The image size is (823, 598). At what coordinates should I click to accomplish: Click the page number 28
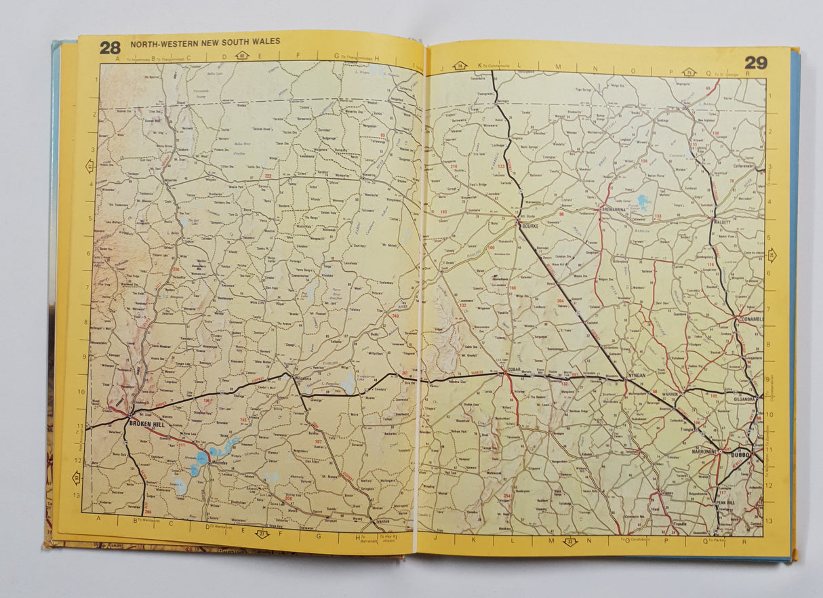110,47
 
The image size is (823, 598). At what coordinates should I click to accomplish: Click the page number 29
756,63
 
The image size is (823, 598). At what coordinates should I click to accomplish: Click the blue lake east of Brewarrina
643,201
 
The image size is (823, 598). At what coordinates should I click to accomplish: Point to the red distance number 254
506,496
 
